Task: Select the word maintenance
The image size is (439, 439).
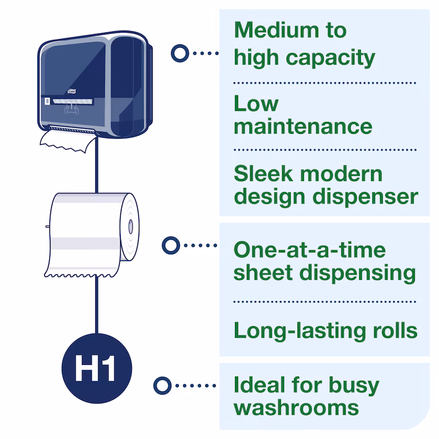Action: (303, 126)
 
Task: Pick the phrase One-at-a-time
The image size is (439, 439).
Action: (309, 250)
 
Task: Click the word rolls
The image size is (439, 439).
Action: (392, 330)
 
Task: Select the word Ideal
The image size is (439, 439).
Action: (260, 385)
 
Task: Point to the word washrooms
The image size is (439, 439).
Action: (296, 408)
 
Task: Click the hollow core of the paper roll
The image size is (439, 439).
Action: (131, 226)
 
